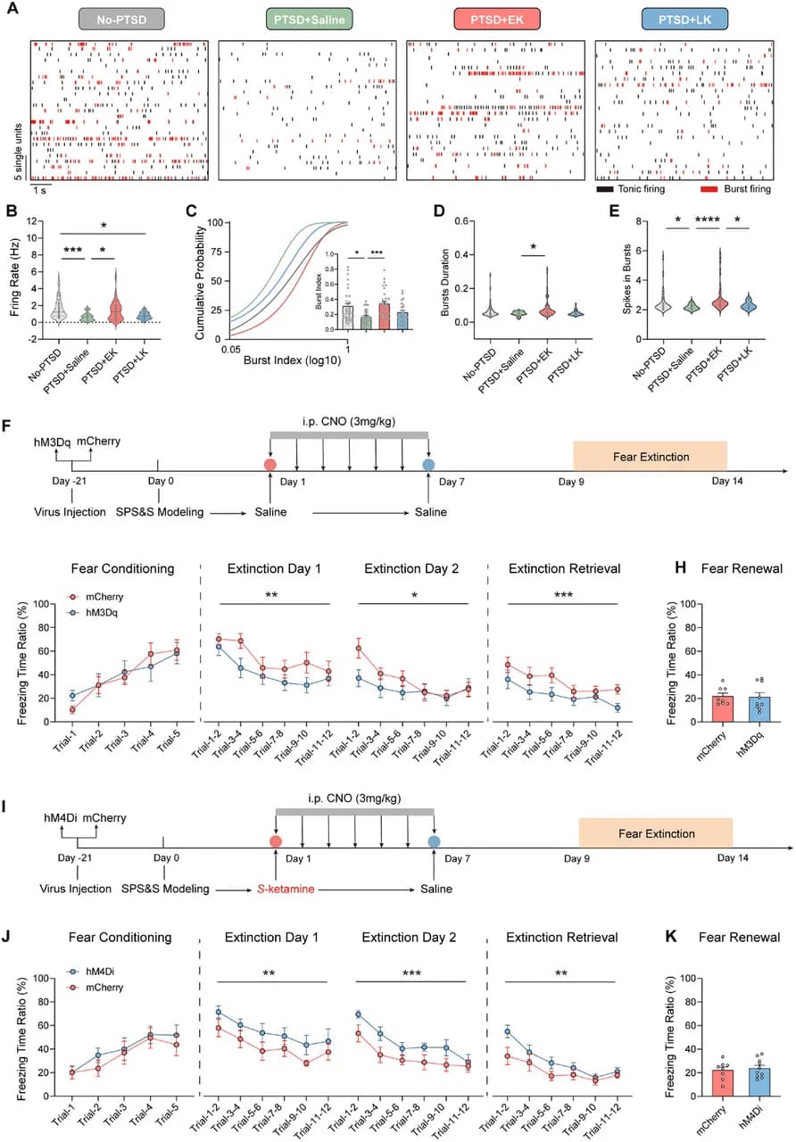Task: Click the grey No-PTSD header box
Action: click(120, 19)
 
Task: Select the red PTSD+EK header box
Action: click(495, 19)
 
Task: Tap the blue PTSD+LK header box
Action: click(684, 19)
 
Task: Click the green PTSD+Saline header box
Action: click(309, 19)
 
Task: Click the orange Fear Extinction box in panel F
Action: click(651, 457)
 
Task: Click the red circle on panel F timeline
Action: click(269, 465)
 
